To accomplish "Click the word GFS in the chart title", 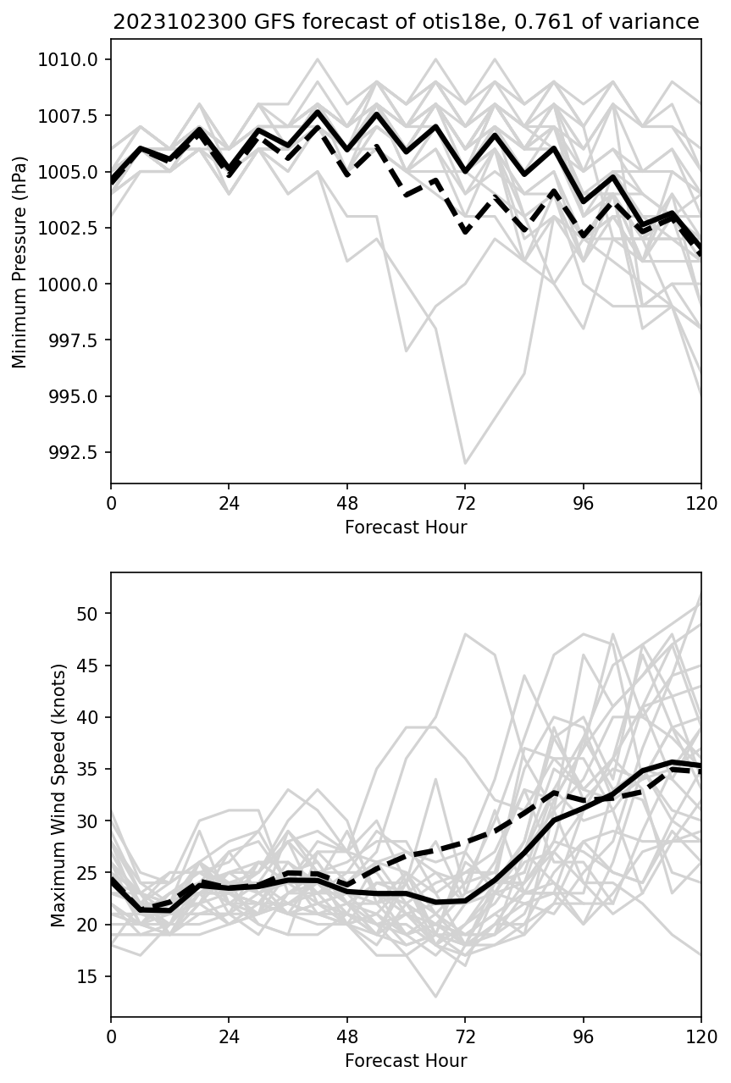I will (263, 22).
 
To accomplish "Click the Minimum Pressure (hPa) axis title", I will (20, 262).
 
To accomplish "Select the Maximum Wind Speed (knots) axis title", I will (58, 795).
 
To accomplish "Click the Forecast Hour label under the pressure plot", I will (406, 528).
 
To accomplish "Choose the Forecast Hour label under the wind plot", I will (406, 1061).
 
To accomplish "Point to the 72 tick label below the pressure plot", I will (465, 504).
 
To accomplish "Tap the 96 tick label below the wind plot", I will (583, 1037).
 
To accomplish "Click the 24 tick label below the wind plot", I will (229, 1037).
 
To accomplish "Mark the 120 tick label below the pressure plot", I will (701, 504).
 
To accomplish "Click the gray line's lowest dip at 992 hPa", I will (465, 463).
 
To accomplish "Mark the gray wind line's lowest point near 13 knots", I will (435, 997).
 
